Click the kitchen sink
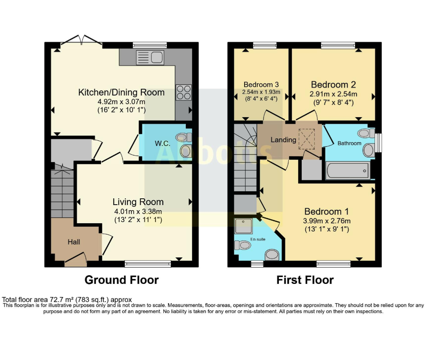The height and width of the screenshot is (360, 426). pos(150,57)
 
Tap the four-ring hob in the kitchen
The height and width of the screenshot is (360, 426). pos(184,92)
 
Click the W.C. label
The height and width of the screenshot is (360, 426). pos(163,144)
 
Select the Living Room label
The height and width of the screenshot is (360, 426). pos(138,202)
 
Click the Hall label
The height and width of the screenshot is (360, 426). pos(74,242)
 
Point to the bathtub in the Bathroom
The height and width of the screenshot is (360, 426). pos(348,170)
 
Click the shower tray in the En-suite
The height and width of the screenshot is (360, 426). pos(244,226)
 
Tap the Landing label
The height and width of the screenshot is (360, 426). pos(283,140)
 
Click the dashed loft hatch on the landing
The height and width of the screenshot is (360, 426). pos(307,139)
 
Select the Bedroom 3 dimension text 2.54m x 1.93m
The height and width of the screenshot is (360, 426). pos(261,92)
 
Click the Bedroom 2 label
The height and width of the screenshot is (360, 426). pos(333,85)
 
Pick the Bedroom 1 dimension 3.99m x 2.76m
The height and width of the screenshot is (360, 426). pos(327,221)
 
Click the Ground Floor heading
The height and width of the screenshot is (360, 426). pos(121,280)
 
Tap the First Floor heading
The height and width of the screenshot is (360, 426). pos(305,280)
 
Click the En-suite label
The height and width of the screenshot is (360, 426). pos(258,239)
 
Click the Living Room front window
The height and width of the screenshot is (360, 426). pos(148,264)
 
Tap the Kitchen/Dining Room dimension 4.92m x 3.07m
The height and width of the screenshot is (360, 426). pos(121,102)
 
